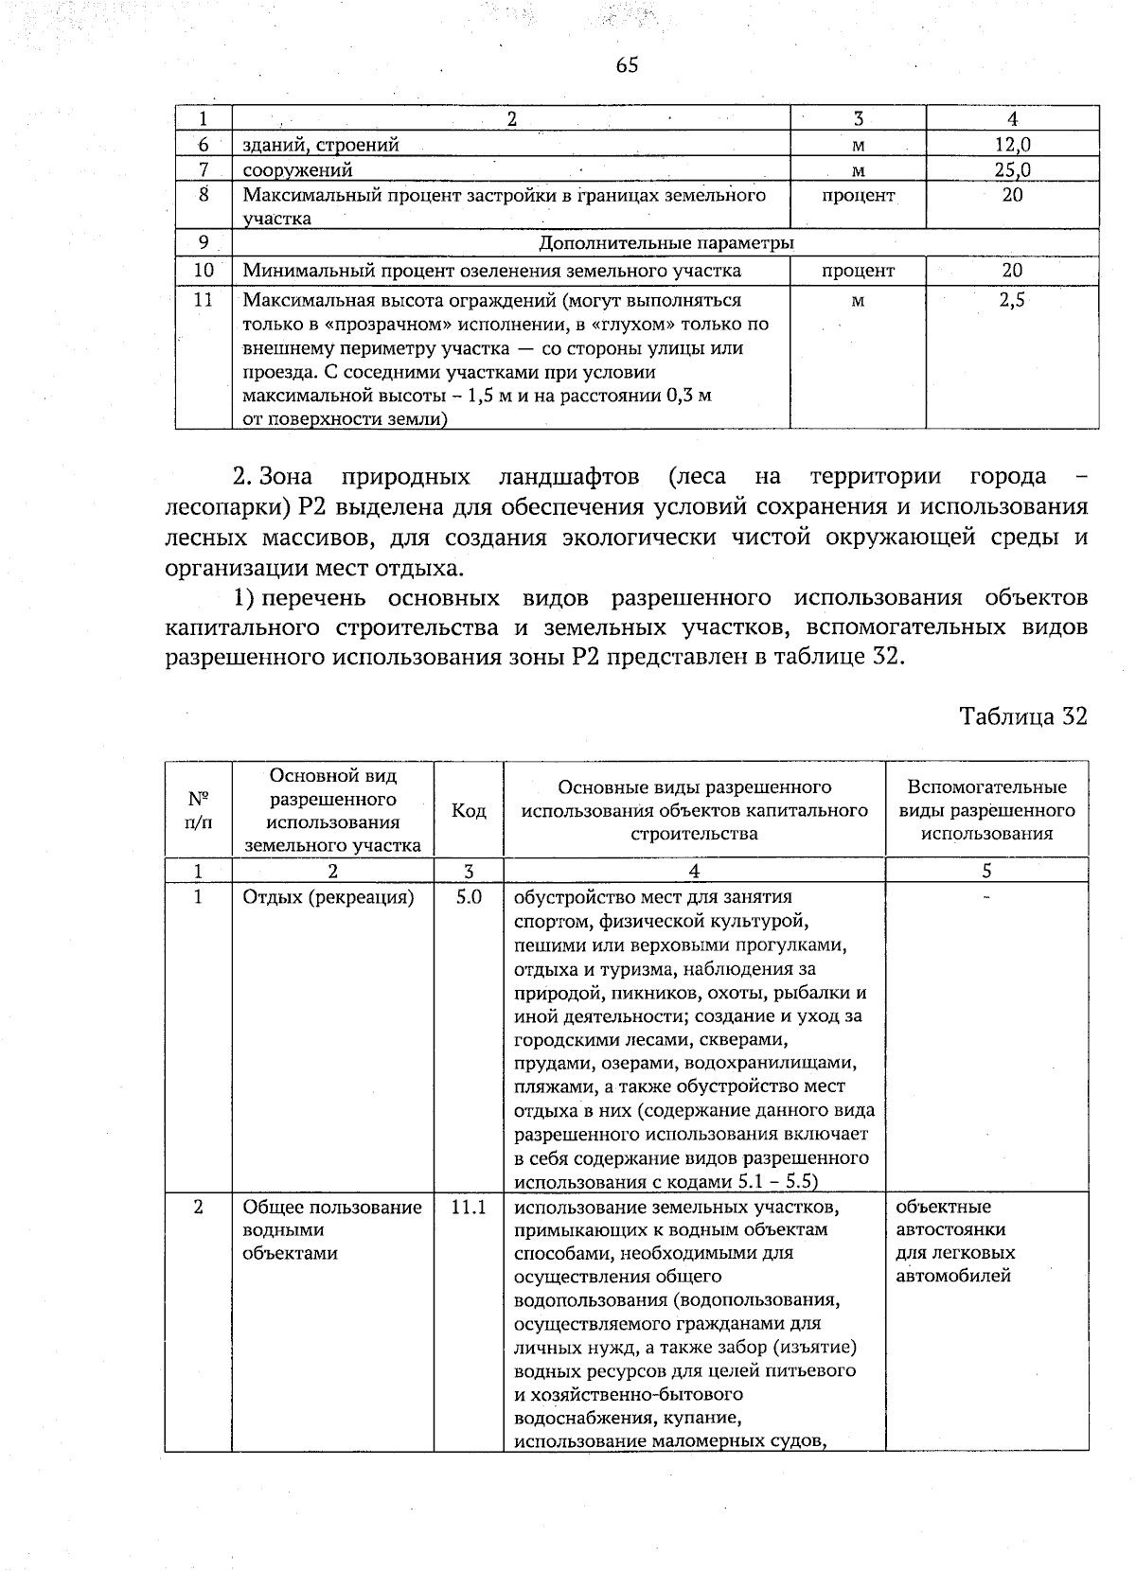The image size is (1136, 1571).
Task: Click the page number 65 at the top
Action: pyautogui.click(x=627, y=64)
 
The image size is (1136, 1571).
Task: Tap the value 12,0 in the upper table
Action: pyautogui.click(x=1013, y=145)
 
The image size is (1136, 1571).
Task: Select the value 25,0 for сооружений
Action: pyautogui.click(x=1013, y=170)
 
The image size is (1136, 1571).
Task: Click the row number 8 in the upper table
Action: pyautogui.click(x=204, y=196)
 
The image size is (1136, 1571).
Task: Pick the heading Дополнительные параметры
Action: pyautogui.click(x=666, y=243)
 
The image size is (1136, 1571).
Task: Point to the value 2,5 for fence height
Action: pyautogui.click(x=1013, y=301)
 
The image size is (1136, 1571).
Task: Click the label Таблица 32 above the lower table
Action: pyautogui.click(x=1023, y=716)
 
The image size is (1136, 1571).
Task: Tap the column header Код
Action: pyautogui.click(x=469, y=811)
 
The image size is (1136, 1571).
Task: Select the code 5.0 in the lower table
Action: pyautogui.click(x=469, y=896)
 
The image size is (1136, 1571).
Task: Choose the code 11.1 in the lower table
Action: pyautogui.click(x=469, y=1208)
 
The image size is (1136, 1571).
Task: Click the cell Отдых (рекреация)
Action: pyautogui.click(x=328, y=897)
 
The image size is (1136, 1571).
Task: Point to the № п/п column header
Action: pyautogui.click(x=199, y=810)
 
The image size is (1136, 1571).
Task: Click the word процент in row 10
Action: pyautogui.click(x=858, y=271)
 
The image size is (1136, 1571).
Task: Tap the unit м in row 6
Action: pyautogui.click(x=858, y=146)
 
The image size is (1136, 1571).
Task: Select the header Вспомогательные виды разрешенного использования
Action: pyautogui.click(x=986, y=811)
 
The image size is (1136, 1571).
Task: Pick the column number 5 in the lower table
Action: pyautogui.click(x=986, y=871)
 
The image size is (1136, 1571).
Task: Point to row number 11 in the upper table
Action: pyautogui.click(x=204, y=300)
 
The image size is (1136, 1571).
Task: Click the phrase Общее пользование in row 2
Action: pyautogui.click(x=332, y=1208)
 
